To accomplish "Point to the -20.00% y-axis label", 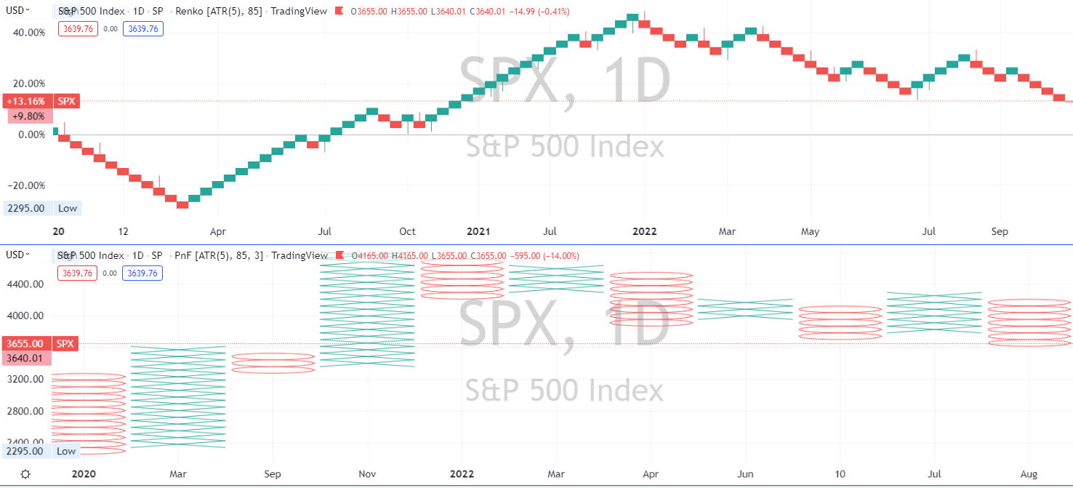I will [x=26, y=185].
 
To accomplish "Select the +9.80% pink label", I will [x=29, y=116].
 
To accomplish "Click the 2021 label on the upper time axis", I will [x=478, y=232].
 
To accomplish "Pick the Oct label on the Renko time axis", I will [x=407, y=232].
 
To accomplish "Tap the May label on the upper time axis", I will [x=810, y=232].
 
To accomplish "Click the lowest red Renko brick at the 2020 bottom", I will [x=182, y=204].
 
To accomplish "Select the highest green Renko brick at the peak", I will [x=632, y=17].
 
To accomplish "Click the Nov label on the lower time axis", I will [x=367, y=474].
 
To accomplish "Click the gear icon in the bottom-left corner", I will [x=25, y=474].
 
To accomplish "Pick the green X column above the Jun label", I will [x=745, y=309].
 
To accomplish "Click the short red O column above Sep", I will [x=273, y=363].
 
